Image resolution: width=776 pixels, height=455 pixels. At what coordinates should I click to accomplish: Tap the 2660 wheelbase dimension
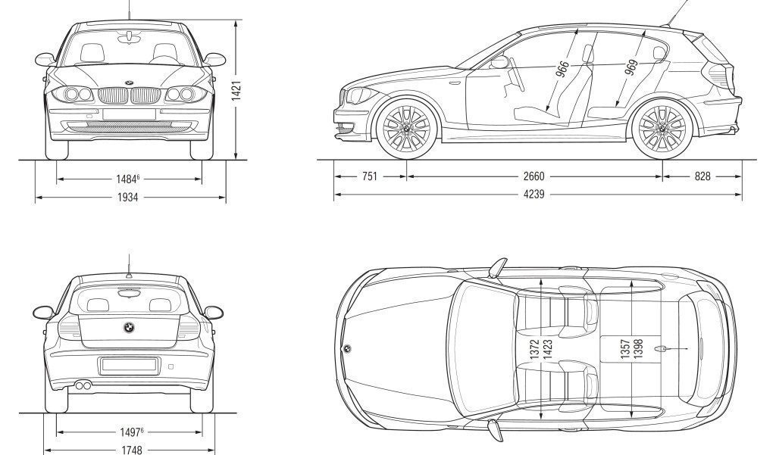[533, 176]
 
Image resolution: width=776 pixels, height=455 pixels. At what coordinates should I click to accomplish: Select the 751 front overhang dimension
[369, 176]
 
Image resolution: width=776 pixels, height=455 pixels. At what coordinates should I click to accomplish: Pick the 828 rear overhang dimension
[702, 176]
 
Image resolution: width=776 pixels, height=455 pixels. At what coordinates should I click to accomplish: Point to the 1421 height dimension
[236, 92]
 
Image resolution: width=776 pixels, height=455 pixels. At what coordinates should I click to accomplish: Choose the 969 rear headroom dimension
[630, 67]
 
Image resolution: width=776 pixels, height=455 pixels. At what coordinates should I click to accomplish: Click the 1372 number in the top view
[534, 349]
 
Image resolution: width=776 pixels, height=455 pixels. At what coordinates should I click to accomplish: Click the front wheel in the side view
[406, 129]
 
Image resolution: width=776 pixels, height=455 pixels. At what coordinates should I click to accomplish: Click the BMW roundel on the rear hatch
[129, 328]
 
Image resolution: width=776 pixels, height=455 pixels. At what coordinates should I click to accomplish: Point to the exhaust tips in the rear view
[83, 386]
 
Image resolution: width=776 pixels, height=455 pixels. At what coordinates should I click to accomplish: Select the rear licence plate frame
[129, 365]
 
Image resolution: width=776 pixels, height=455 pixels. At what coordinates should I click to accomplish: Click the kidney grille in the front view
[130, 95]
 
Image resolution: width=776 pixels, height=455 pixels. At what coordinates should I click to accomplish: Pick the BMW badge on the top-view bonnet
[348, 349]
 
